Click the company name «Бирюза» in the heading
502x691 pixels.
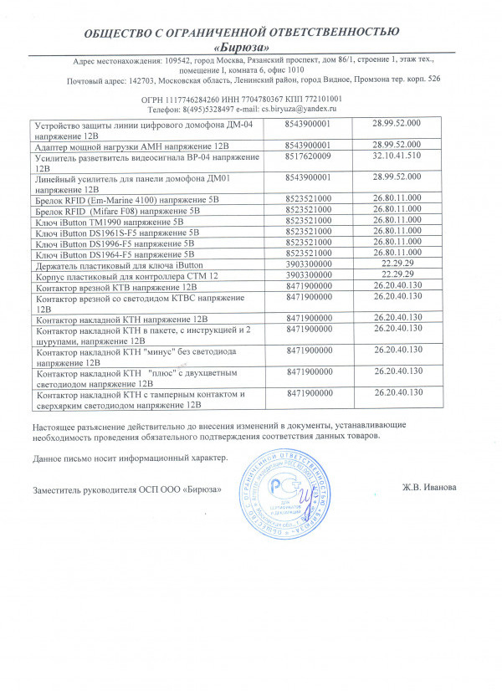pyautogui.click(x=252, y=47)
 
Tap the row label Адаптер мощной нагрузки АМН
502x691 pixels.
pyautogui.click(x=126, y=145)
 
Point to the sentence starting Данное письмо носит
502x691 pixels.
pyautogui.click(x=130, y=458)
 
